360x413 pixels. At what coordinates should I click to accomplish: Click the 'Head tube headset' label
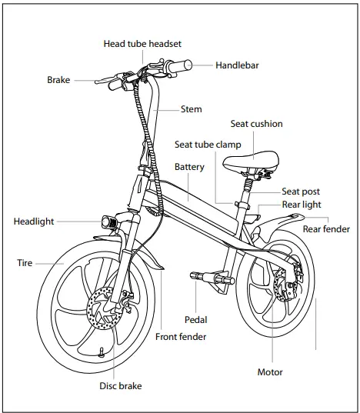click(x=142, y=44)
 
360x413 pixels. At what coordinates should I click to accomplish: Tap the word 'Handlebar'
click(x=238, y=65)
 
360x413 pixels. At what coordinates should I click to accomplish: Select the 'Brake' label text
click(x=59, y=80)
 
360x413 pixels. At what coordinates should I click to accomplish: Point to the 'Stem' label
click(x=191, y=109)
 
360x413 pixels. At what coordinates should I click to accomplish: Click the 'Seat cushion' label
click(x=256, y=124)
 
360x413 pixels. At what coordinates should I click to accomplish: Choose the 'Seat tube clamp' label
click(x=208, y=145)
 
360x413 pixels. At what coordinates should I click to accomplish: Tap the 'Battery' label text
click(x=188, y=167)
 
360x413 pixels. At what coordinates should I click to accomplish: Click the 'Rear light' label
click(x=301, y=205)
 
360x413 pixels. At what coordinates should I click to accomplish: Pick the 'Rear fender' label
click(x=326, y=228)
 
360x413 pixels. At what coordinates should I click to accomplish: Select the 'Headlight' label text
click(x=34, y=221)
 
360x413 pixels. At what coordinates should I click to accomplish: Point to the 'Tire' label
click(x=25, y=263)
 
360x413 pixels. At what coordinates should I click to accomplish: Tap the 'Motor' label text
click(x=270, y=372)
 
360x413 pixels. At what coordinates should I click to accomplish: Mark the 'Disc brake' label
click(x=121, y=385)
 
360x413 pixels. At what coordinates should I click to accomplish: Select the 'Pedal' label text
click(x=195, y=319)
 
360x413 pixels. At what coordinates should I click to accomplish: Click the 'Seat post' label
click(x=300, y=192)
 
